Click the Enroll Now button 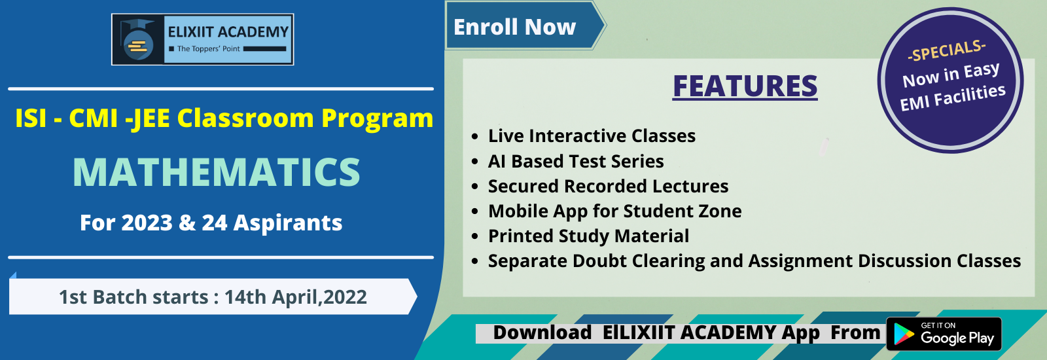pos(524,26)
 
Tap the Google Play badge pos(944,334)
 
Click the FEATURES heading pos(745,86)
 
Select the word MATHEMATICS pos(217,172)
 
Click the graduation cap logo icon pos(138,40)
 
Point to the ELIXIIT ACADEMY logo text pos(228,32)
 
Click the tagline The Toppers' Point pos(209,48)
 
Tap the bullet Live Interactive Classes pos(592,136)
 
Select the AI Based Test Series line pos(576,161)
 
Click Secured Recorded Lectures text pos(608,186)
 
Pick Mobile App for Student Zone pos(614,211)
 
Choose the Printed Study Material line pos(588,236)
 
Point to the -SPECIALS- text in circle pos(946,50)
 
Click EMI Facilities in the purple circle pos(953,98)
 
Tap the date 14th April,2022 pos(295,297)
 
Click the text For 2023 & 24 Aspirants pos(211,223)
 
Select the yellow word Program pos(377,118)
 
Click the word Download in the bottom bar pos(542,333)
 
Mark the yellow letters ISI pos(31,118)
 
